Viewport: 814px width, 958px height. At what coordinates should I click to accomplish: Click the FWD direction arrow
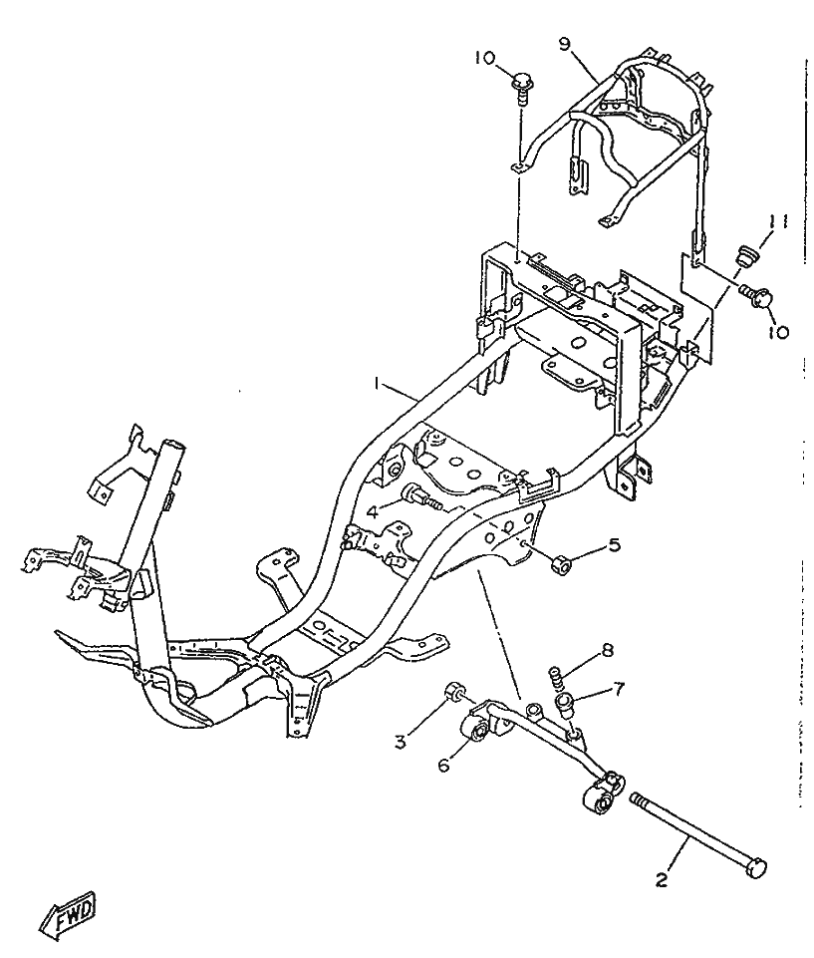(x=68, y=909)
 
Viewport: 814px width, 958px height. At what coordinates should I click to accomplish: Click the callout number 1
(x=378, y=383)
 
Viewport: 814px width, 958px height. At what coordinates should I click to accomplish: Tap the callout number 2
(x=661, y=879)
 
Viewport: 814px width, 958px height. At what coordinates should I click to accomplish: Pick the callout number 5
(x=616, y=546)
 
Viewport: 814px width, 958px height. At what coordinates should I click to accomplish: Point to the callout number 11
(x=780, y=220)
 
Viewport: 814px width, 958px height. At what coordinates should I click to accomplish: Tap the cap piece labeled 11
(x=742, y=257)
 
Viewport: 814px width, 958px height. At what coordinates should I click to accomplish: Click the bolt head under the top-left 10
(x=522, y=81)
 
